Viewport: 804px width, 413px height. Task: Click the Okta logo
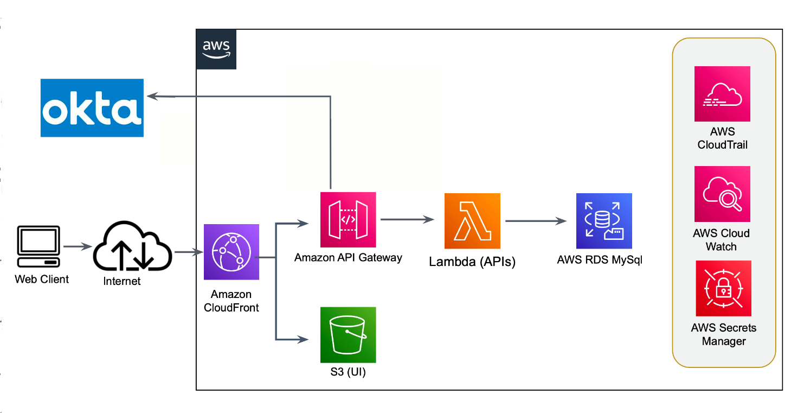coord(92,107)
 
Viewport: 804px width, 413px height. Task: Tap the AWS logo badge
coord(216,49)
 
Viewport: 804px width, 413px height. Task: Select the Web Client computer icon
coord(38,247)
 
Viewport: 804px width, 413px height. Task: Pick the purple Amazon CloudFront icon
coord(231,252)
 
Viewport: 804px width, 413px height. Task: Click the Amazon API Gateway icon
coord(348,220)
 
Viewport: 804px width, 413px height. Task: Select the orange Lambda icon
coord(472,221)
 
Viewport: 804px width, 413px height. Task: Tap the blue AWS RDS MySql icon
coord(604,221)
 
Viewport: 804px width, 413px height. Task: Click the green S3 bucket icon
coord(348,335)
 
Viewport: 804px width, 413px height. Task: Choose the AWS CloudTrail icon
coord(722,94)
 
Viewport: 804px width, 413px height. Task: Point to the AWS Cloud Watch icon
coord(722,194)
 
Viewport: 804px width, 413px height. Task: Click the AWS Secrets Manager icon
coord(723,288)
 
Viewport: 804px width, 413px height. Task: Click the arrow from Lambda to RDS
coord(536,221)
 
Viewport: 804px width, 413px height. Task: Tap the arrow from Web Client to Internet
coord(77,247)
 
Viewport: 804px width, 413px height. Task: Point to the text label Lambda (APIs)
coord(472,262)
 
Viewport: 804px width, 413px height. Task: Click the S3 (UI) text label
coord(348,373)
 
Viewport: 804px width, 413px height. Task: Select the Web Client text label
coord(42,279)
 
